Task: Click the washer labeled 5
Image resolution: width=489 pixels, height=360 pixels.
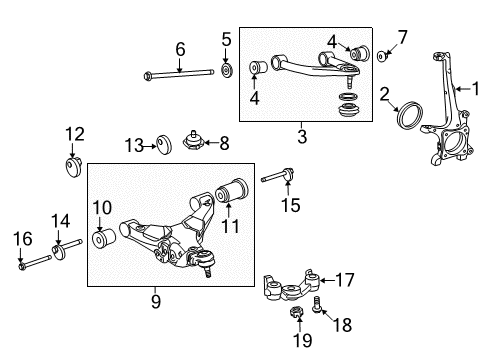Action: (226, 72)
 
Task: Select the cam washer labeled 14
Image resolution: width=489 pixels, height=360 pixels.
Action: (58, 248)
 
